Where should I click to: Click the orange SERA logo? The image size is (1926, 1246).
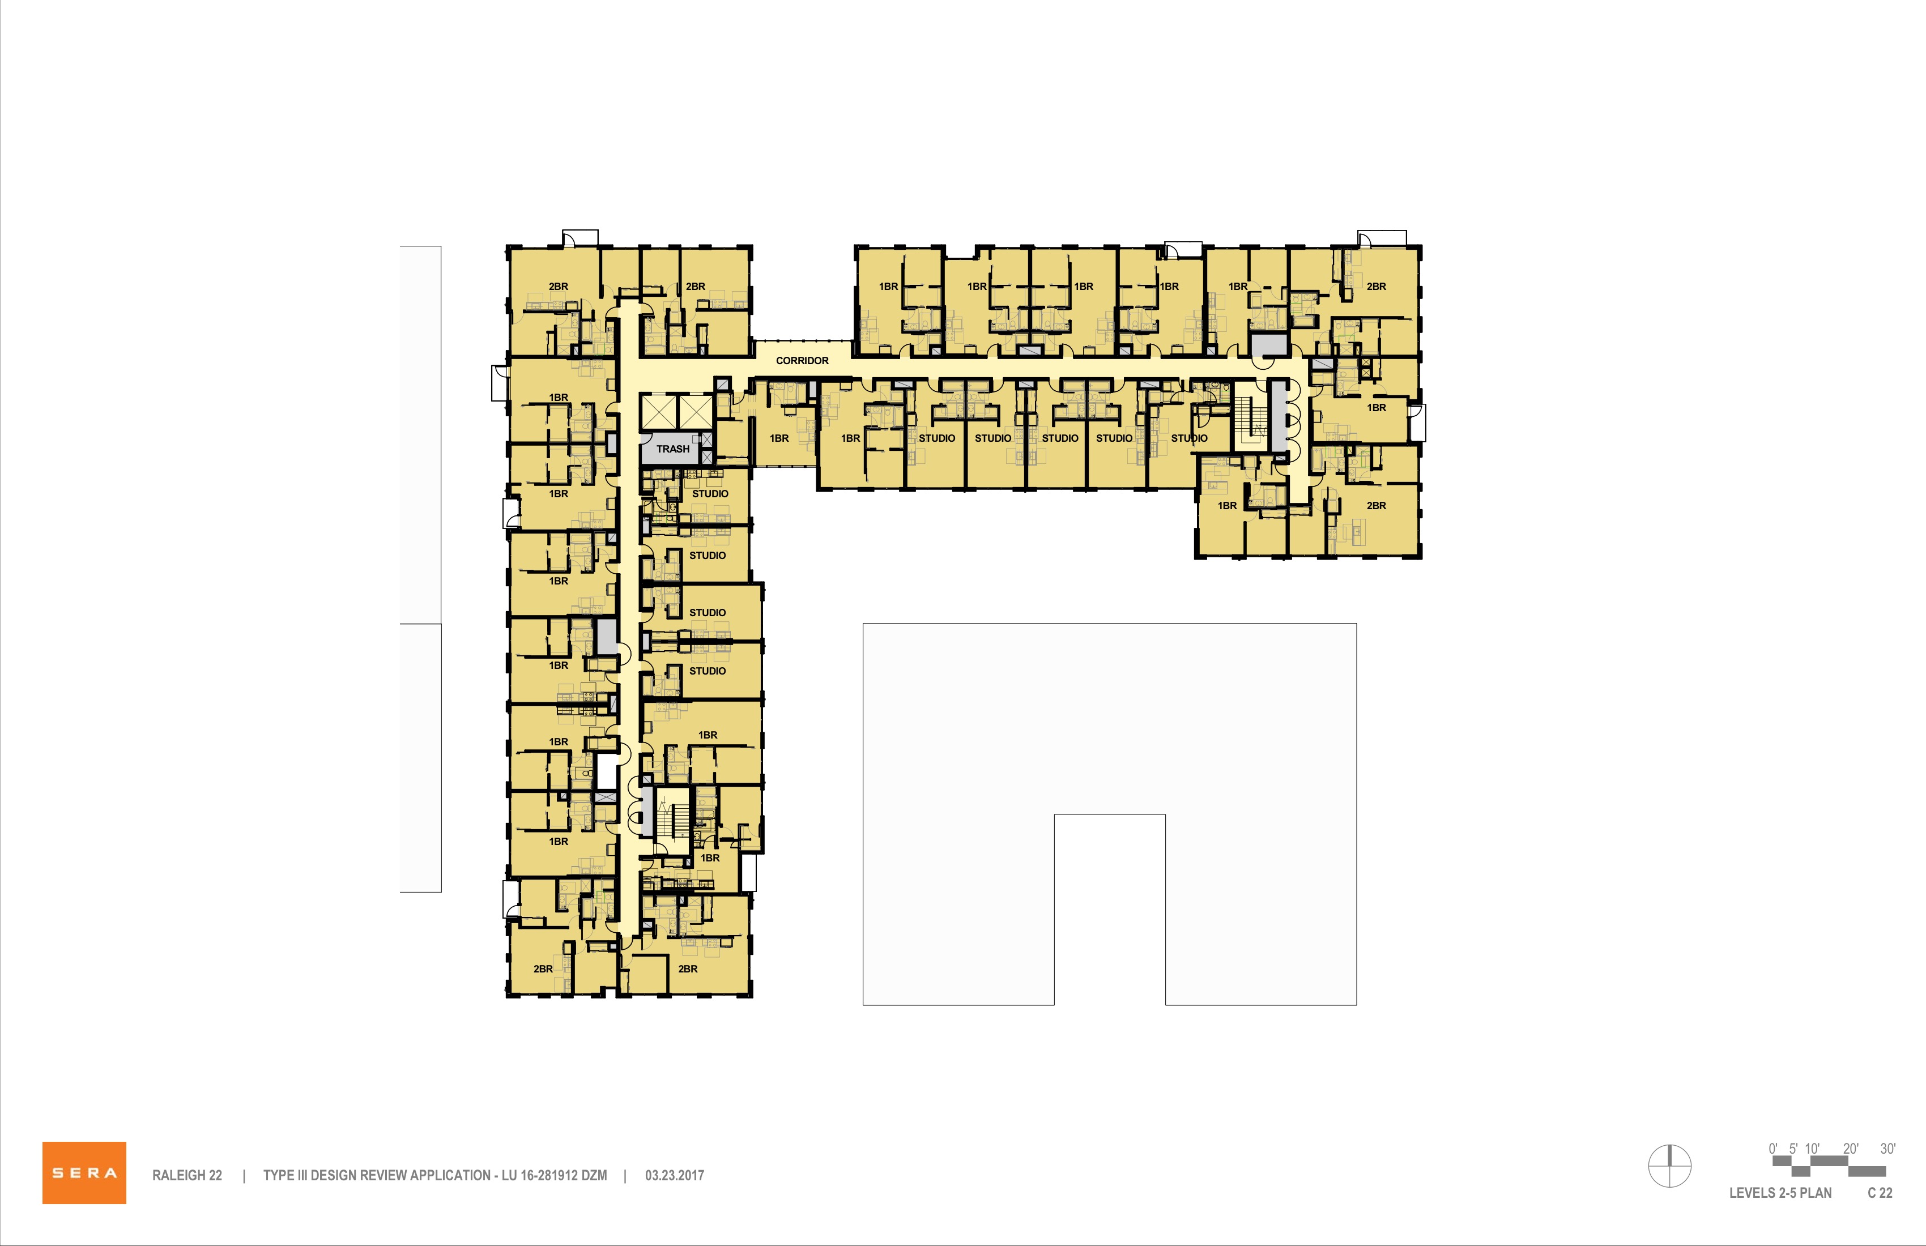84,1172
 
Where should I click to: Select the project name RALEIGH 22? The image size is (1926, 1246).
187,1176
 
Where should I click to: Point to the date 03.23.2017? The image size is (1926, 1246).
674,1176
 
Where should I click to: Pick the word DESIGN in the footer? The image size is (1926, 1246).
334,1176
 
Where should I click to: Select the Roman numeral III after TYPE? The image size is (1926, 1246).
300,1176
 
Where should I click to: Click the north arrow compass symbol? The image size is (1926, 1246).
1669,1167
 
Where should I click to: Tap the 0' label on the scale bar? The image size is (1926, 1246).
1773,1149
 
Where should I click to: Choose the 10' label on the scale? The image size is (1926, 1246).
1812,1149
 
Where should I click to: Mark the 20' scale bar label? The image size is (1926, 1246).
1851,1149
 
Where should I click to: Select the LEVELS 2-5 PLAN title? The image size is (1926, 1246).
1780,1193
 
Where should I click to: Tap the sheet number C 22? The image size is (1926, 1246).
1880,1193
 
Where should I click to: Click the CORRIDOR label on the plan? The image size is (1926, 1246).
802,361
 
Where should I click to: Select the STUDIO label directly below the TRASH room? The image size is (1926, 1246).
710,493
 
